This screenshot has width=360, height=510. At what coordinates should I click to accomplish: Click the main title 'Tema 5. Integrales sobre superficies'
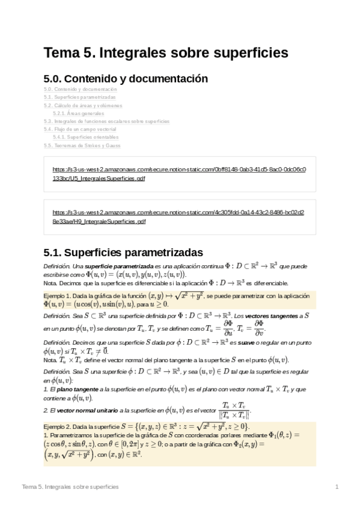[x=165, y=54]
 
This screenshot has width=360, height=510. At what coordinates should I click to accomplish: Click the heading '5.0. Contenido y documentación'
[x=126, y=79]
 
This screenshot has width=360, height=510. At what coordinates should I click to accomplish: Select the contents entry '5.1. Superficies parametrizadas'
[x=80, y=97]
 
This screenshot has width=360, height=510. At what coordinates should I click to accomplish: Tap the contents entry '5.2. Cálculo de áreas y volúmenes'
[x=83, y=105]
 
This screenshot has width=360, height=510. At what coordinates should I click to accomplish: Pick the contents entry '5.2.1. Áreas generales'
[x=78, y=113]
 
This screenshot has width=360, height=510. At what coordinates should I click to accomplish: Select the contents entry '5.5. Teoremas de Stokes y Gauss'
[x=82, y=146]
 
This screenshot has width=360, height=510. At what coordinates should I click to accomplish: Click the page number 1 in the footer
[x=337, y=486]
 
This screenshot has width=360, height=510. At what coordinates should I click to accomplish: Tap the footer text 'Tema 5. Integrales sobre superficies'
[x=70, y=486]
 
